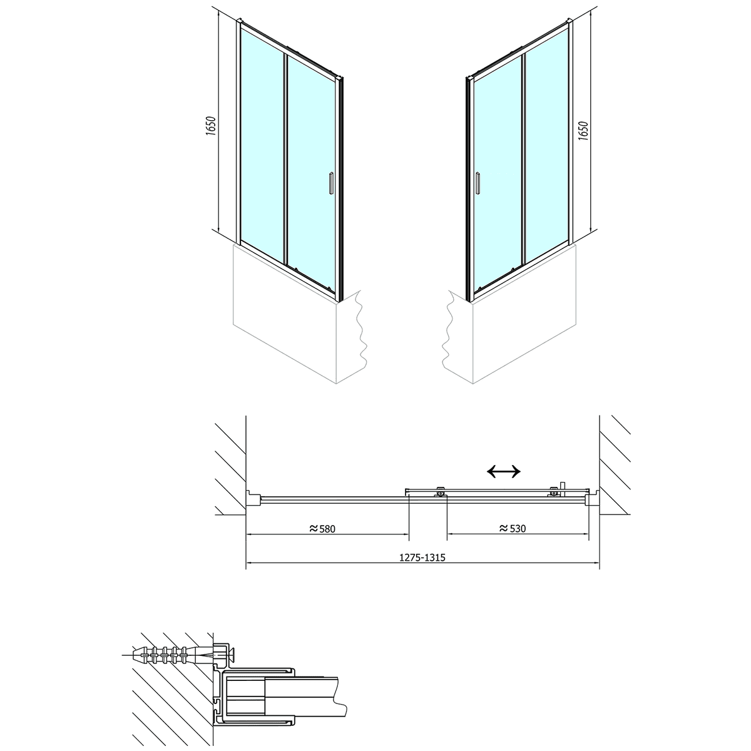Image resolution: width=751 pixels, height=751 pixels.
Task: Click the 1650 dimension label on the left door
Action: (x=211, y=126)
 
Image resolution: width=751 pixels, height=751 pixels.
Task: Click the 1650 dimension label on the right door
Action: (x=583, y=131)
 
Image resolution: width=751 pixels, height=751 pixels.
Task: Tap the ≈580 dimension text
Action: (x=322, y=528)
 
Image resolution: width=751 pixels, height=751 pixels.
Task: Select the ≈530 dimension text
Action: (x=513, y=528)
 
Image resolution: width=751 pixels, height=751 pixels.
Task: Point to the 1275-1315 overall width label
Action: (x=422, y=558)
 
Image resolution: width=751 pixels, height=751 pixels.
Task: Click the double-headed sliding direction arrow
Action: (x=504, y=471)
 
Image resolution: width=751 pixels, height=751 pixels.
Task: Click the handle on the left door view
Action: (x=331, y=183)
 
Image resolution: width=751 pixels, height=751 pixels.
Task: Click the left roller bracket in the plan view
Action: (x=441, y=492)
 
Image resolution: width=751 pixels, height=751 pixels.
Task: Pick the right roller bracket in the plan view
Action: (x=553, y=492)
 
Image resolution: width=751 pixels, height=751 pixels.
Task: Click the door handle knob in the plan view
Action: (x=563, y=489)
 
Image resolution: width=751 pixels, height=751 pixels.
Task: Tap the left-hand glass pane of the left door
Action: (x=262, y=144)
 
